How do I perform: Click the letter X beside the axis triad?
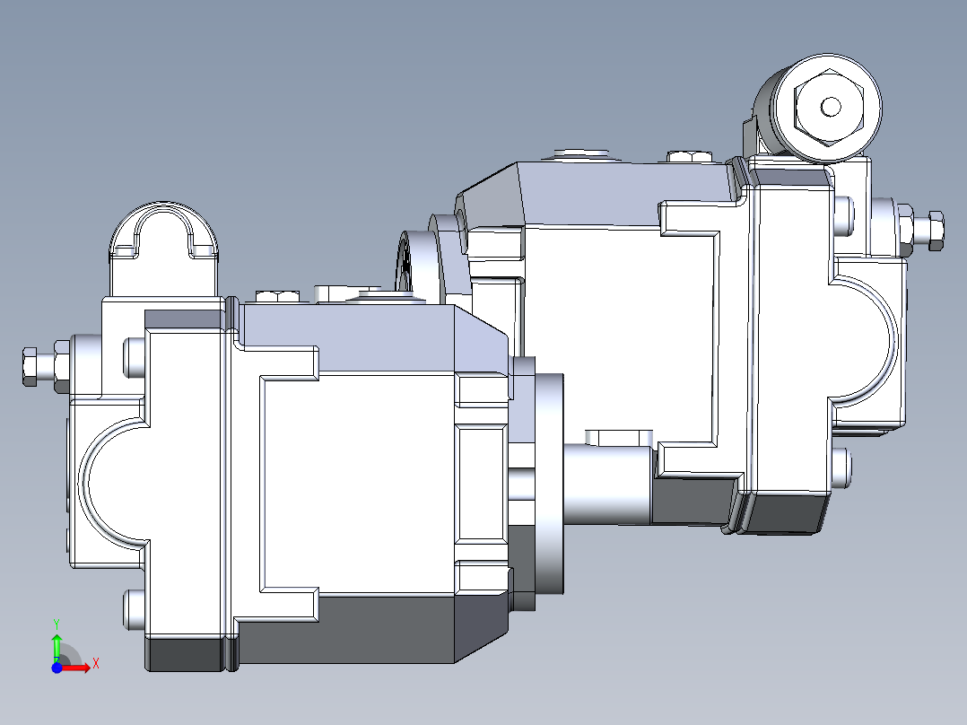click(x=95, y=664)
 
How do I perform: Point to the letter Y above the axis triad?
click(x=56, y=622)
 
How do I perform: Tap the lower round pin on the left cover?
click(x=131, y=610)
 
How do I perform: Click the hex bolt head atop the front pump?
click(x=277, y=295)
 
